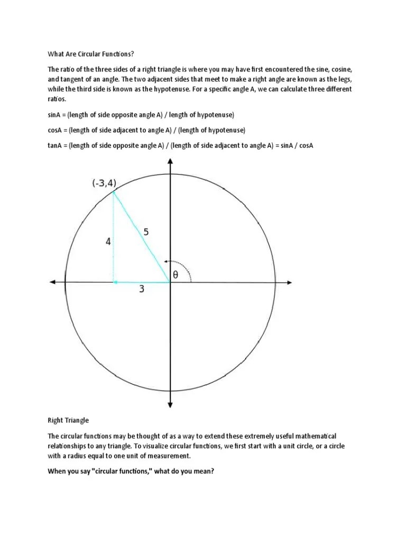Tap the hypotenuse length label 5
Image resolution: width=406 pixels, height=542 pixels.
[x=146, y=231]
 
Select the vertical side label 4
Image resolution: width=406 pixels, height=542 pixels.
[x=108, y=241]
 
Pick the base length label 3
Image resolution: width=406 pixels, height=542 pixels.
[x=142, y=289]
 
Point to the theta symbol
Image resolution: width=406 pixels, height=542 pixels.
[x=175, y=275]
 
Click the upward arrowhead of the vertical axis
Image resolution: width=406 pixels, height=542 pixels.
[x=170, y=161]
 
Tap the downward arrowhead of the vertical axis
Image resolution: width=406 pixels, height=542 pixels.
[x=170, y=404]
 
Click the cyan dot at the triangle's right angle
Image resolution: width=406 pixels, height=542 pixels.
[x=115, y=282]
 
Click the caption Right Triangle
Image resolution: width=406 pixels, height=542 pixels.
[x=68, y=420]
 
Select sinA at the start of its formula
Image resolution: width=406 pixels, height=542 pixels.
[x=56, y=115]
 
